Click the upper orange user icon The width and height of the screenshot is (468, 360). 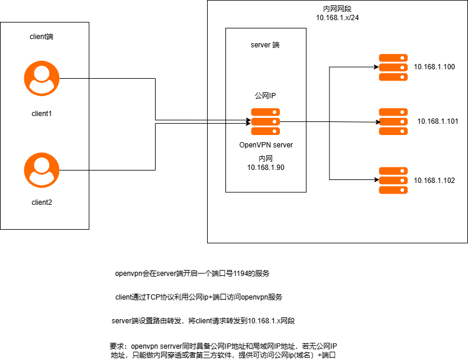[41, 78]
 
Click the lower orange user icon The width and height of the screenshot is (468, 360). [41, 170]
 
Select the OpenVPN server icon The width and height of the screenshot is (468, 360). [266, 121]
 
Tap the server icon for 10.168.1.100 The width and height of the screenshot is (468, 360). [393, 67]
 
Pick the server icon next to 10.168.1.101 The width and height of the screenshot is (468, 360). [393, 121]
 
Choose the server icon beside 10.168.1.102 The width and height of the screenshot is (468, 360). [393, 181]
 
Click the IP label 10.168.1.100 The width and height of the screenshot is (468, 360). [434, 67]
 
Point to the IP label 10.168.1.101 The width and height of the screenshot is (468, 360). [438, 121]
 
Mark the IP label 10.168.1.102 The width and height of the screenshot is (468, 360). [434, 181]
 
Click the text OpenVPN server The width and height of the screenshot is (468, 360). [266, 145]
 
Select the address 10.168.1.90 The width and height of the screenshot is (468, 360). [266, 168]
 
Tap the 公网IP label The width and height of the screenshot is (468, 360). [266, 95]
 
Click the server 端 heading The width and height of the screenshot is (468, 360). [266, 45]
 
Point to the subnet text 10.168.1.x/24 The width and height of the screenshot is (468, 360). [337, 18]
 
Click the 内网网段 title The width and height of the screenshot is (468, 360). [337, 9]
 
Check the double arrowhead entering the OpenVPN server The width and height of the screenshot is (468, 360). [247, 122]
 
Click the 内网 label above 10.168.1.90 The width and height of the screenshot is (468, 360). [266, 159]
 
